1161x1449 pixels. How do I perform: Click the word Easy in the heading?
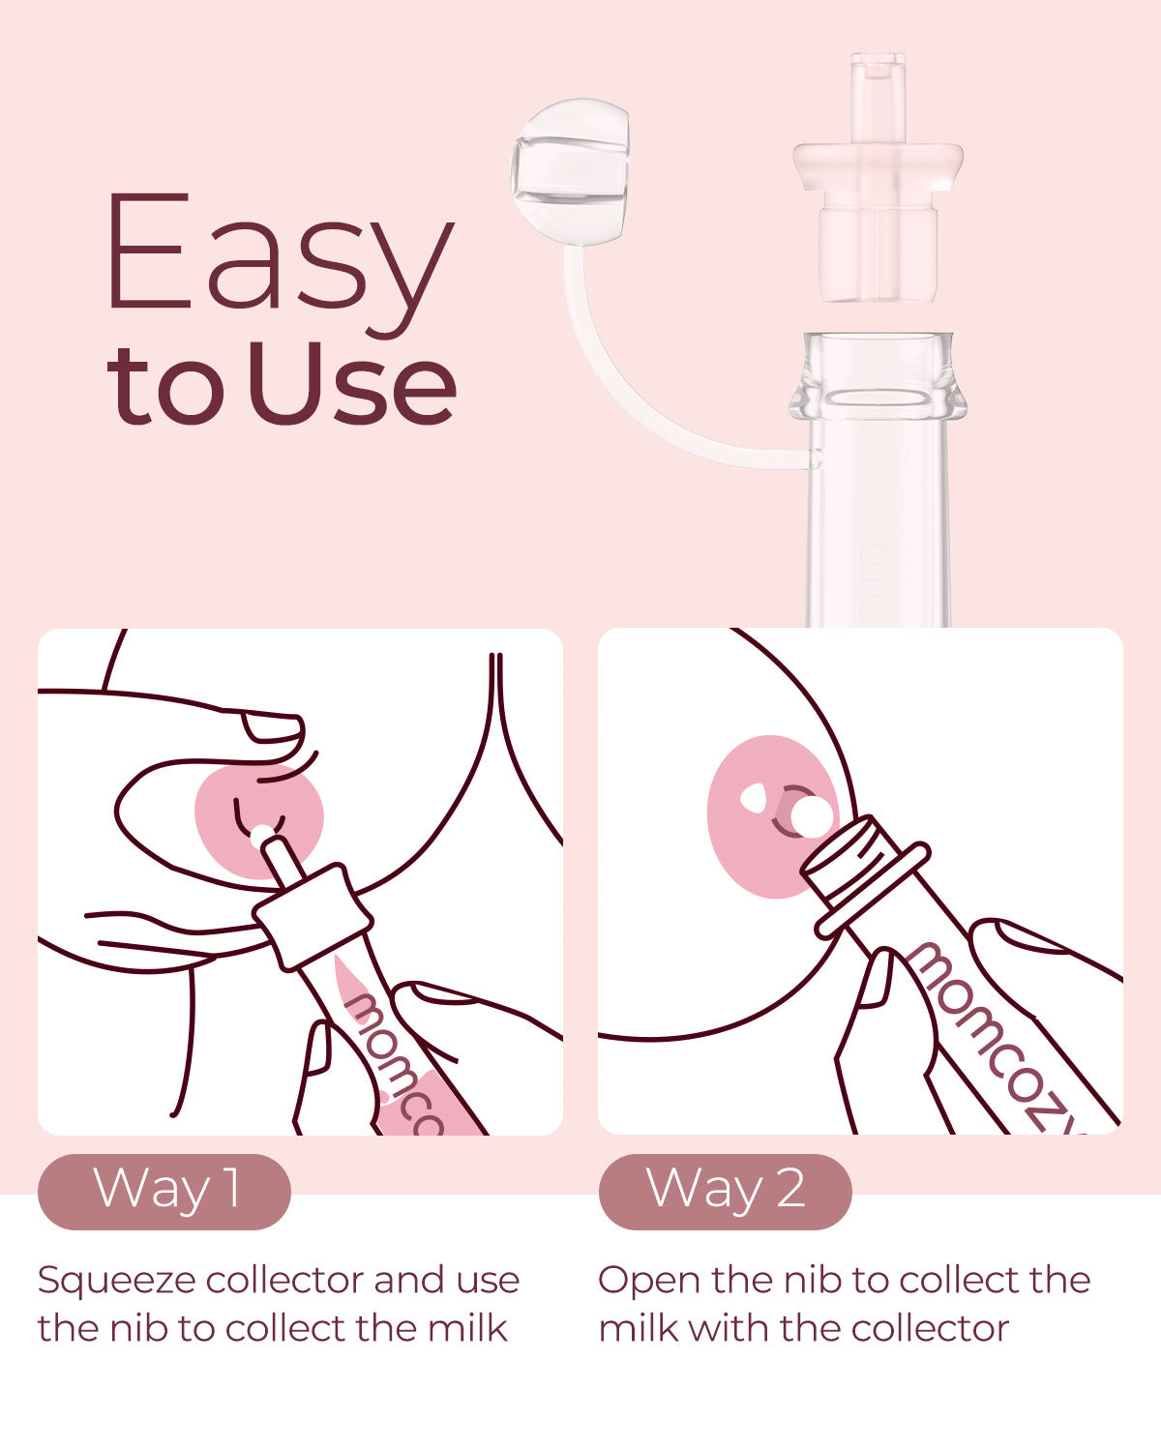click(281, 262)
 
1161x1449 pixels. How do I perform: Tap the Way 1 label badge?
click(164, 1192)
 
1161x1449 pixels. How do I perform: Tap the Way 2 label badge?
click(725, 1192)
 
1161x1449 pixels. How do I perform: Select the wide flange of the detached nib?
click(878, 166)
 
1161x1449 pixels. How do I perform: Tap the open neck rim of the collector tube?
click(878, 377)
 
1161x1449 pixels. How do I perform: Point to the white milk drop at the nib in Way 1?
click(261, 835)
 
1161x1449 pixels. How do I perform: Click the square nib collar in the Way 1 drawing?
click(313, 916)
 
